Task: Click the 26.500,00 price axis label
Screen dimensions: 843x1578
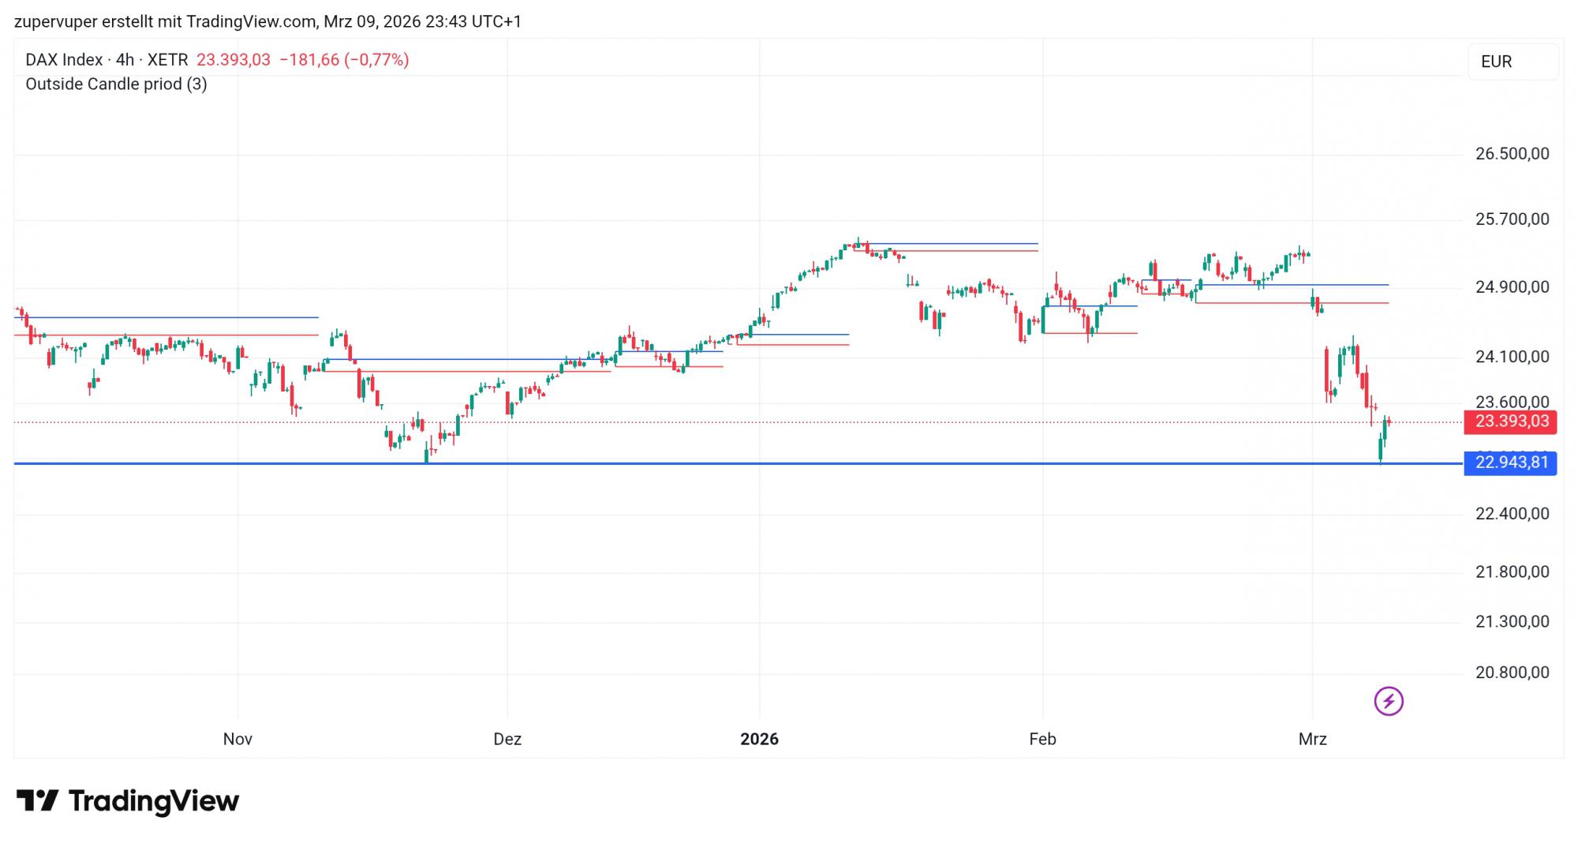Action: (1512, 154)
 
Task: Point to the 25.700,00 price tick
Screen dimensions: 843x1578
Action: (1512, 219)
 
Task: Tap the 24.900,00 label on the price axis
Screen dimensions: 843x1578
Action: (1512, 287)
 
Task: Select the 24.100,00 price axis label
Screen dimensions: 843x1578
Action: (1512, 357)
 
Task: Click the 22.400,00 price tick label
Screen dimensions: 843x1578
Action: (1512, 514)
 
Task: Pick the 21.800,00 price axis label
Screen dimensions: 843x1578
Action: (1512, 572)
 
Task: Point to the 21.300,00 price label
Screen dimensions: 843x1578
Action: (1512, 622)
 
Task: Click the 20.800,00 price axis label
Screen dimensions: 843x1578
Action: (1512, 673)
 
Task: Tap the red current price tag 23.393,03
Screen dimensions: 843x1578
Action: (1510, 421)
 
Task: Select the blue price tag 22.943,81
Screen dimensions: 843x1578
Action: (1510, 463)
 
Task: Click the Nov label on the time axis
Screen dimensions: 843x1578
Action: (237, 740)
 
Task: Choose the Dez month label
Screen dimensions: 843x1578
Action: (507, 740)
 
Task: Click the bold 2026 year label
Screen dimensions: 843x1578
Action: (759, 740)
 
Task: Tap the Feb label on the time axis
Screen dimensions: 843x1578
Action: (1042, 740)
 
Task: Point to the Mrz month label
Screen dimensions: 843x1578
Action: (1313, 740)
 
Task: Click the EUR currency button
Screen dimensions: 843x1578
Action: (1497, 62)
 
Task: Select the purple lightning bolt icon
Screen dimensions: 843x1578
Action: (1389, 701)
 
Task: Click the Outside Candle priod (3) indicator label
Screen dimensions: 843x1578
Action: (116, 84)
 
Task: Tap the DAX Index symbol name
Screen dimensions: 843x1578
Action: (64, 60)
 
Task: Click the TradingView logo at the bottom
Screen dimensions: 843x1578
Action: (128, 801)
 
